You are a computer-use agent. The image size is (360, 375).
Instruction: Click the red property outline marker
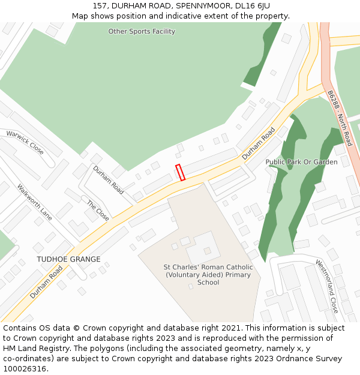click(180, 172)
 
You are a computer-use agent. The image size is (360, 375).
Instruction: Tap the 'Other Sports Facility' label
click(142, 31)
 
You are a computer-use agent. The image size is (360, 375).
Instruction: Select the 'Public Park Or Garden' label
click(301, 162)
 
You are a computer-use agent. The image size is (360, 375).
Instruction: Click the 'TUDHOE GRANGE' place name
click(68, 259)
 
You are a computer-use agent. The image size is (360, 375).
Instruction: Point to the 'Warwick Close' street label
click(25, 142)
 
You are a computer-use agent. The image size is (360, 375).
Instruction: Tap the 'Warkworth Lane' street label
click(35, 201)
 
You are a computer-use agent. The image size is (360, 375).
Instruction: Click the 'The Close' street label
click(98, 211)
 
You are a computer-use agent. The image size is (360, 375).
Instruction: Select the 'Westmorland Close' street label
click(328, 286)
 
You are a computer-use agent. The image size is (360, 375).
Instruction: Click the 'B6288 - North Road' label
click(340, 118)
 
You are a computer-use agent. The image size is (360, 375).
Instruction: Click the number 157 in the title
click(100, 5)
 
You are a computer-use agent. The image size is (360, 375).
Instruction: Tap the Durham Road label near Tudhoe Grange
click(46, 282)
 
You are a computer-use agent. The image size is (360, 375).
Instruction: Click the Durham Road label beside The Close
click(109, 180)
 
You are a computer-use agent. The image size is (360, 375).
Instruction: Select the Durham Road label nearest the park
click(259, 143)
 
